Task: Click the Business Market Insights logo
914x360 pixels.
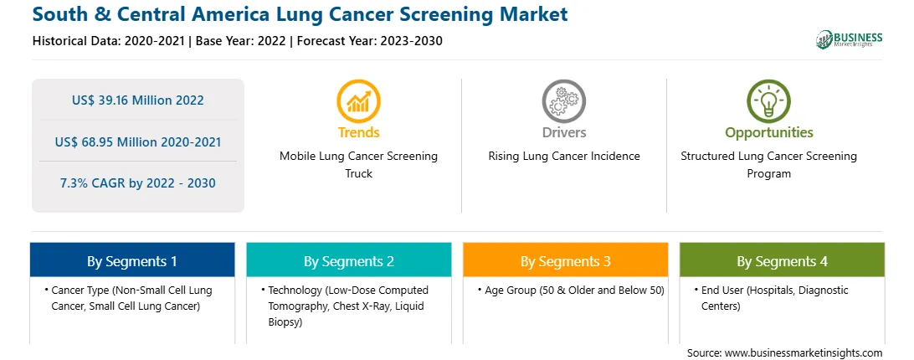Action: point(850,39)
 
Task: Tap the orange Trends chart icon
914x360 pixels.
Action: point(358,101)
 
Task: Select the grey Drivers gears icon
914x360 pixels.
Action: point(563,101)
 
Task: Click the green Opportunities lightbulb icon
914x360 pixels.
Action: point(769,101)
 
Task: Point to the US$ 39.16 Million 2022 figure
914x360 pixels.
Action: point(138,100)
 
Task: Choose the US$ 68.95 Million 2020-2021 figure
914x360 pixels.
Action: point(138,141)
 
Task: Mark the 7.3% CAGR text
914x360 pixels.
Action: point(137,183)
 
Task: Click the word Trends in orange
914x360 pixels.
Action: point(358,132)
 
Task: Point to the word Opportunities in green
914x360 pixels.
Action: point(769,133)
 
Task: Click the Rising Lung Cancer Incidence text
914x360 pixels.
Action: point(563,157)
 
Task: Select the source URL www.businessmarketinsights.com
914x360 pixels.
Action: point(804,353)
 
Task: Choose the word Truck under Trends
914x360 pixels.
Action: point(358,173)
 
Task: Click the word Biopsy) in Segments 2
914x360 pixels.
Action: point(285,321)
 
